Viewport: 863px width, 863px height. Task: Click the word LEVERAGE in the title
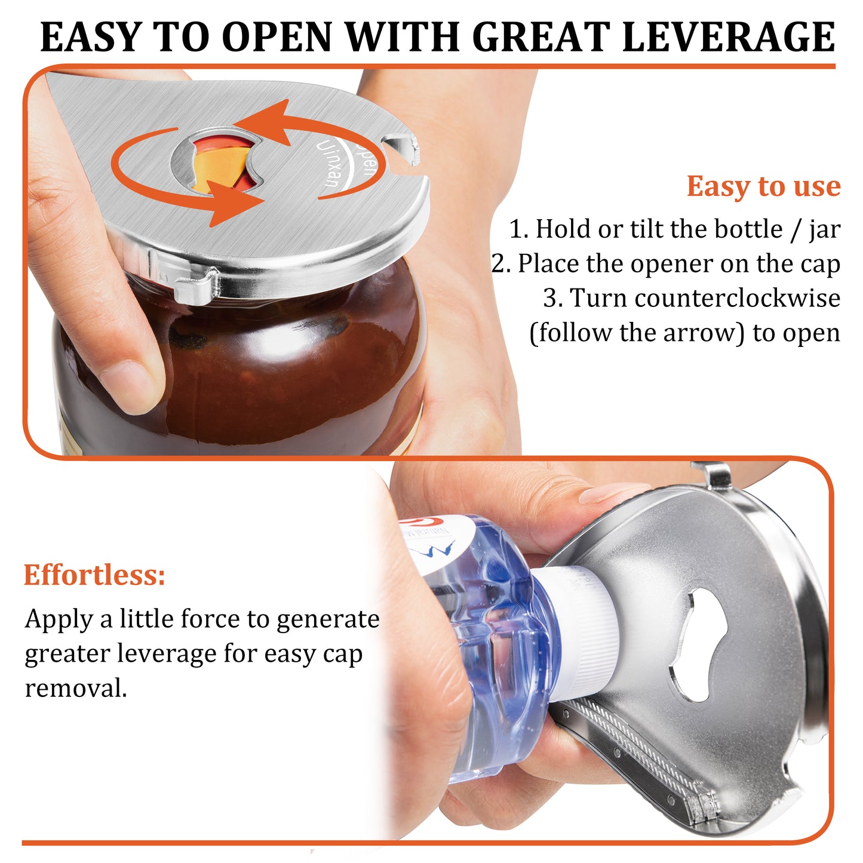click(728, 37)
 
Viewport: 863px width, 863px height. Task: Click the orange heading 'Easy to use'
click(763, 186)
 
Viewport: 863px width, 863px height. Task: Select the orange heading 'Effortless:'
click(94, 575)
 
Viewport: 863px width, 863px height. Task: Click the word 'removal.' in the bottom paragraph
click(76, 688)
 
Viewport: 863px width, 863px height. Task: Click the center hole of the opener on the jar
click(219, 161)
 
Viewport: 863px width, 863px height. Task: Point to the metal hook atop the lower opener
click(717, 475)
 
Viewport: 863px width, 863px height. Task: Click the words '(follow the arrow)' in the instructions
click(637, 333)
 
